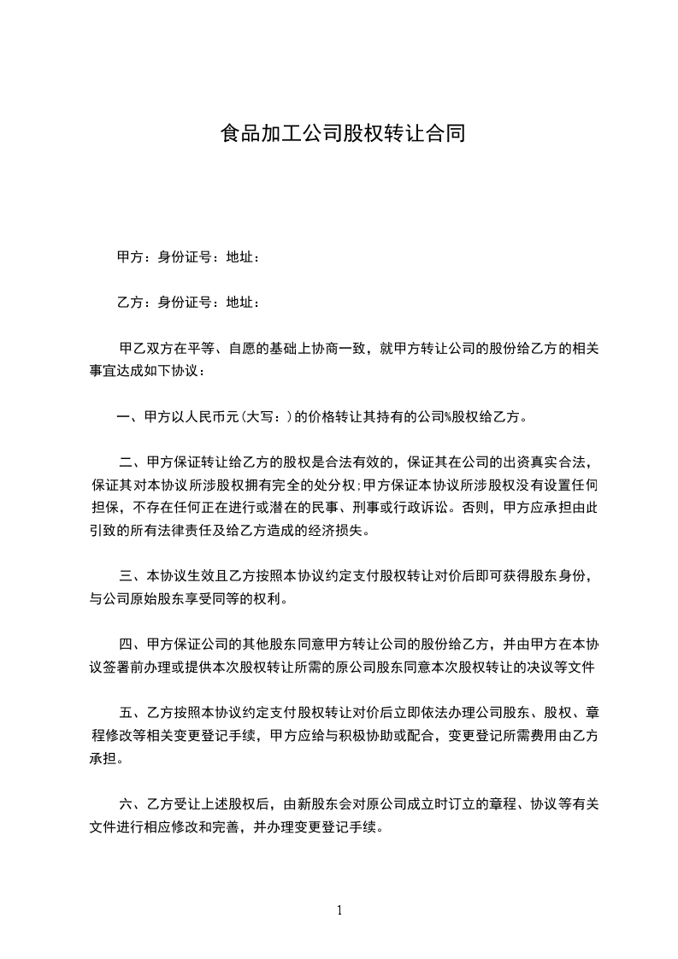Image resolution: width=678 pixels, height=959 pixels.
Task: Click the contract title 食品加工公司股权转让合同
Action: [342, 134]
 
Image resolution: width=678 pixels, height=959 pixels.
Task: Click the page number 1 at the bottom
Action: [339, 910]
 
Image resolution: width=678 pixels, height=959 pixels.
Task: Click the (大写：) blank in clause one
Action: [265, 418]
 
